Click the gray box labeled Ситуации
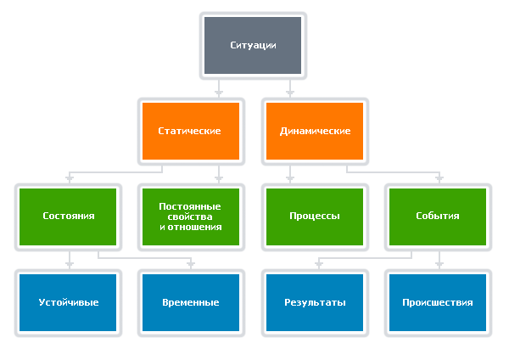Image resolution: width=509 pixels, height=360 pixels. (x=254, y=45)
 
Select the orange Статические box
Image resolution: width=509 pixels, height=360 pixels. (x=190, y=131)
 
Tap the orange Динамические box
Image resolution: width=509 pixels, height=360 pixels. (x=315, y=131)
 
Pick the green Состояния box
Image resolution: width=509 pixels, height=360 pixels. (x=69, y=216)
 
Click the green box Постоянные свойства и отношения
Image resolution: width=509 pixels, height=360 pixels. (x=190, y=216)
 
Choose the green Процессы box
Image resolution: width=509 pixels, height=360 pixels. (x=315, y=216)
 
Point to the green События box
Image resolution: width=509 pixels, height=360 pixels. (x=438, y=216)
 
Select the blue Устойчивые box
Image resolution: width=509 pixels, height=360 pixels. (x=69, y=301)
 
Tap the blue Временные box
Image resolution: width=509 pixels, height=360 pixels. (x=190, y=301)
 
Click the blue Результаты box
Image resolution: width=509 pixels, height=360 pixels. (x=315, y=301)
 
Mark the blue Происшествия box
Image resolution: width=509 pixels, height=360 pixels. (x=438, y=301)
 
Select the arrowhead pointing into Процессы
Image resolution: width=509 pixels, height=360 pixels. (x=290, y=178)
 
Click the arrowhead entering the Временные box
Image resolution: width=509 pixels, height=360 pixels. (x=192, y=264)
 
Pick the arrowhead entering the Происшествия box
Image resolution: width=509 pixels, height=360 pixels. (x=439, y=264)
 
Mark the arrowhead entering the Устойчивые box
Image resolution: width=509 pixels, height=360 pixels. (x=70, y=264)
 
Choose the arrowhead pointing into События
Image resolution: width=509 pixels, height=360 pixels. (x=439, y=178)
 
